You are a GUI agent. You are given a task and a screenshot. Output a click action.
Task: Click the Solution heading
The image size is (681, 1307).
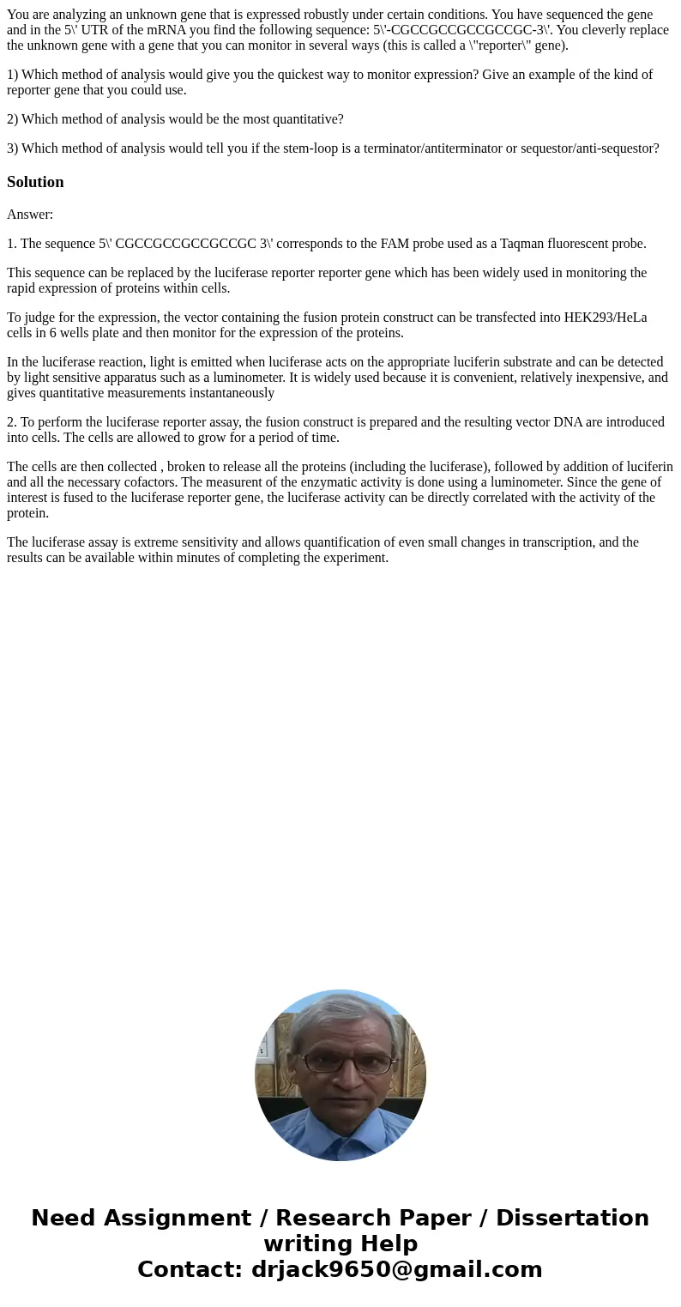35,182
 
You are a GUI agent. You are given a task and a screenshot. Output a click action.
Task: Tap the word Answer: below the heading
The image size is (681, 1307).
30,215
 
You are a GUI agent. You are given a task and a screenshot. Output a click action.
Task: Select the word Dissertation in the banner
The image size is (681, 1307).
572,1219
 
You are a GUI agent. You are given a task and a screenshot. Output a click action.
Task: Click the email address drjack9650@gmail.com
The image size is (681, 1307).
396,1270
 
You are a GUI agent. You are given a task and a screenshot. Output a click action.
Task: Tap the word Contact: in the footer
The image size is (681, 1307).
190,1270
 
